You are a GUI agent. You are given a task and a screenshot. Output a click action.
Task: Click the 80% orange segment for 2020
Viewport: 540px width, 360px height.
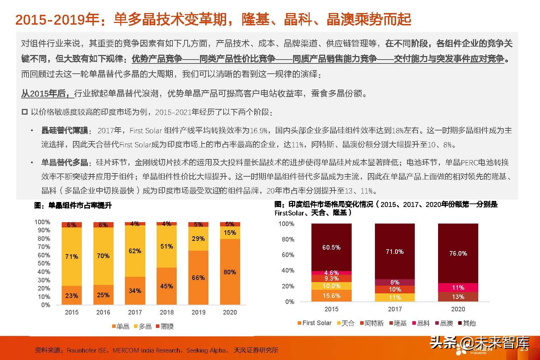230,271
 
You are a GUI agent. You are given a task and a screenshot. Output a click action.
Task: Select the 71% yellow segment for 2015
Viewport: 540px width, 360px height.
72,256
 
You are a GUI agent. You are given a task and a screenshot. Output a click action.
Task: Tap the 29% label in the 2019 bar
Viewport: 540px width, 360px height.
198,239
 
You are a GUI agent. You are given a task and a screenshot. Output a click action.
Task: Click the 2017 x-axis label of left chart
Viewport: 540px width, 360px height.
135,312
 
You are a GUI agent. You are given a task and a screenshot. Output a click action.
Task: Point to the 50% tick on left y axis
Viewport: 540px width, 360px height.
44,263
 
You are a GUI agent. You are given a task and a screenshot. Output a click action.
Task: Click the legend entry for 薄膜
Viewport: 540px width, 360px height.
164,327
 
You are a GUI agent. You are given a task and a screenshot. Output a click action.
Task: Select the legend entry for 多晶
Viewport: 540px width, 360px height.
142,327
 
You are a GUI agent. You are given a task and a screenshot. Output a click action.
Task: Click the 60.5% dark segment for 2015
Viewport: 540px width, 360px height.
331,248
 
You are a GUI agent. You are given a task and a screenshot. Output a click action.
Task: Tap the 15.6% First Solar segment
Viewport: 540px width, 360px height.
331,296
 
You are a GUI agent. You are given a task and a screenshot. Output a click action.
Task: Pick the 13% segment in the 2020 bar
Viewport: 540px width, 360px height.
458,297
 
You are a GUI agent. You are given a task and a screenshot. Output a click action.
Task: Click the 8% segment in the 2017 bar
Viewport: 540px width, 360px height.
395,282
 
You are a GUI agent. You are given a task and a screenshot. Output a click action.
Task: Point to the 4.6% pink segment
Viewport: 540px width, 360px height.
331,273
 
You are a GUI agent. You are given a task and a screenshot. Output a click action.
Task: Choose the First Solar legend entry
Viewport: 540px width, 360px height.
314,323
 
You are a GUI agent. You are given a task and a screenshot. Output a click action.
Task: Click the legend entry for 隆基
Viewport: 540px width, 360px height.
398,323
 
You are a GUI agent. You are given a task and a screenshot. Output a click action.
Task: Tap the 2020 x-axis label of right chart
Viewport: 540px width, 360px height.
458,309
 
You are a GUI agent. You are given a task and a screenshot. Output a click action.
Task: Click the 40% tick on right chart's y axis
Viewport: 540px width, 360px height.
288,270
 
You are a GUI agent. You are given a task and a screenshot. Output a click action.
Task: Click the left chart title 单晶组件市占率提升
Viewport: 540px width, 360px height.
73,206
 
